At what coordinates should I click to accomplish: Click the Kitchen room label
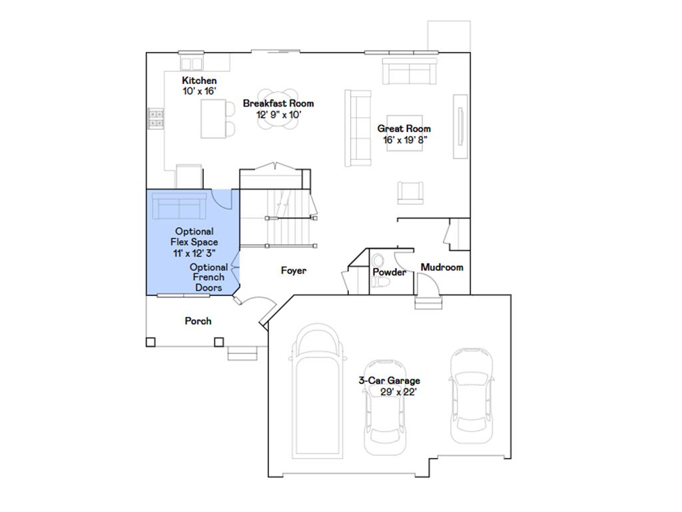click(199, 81)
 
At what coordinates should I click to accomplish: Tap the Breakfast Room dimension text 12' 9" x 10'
click(279, 114)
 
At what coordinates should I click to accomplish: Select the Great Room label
click(404, 129)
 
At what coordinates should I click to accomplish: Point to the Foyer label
click(293, 271)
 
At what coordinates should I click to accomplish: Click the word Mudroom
click(442, 267)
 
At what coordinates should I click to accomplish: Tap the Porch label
click(198, 321)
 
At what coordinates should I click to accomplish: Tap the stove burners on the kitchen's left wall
click(156, 119)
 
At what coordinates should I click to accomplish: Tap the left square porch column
click(151, 342)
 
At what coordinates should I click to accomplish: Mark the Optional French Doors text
click(208, 277)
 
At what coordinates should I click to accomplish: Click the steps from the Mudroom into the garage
click(428, 303)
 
